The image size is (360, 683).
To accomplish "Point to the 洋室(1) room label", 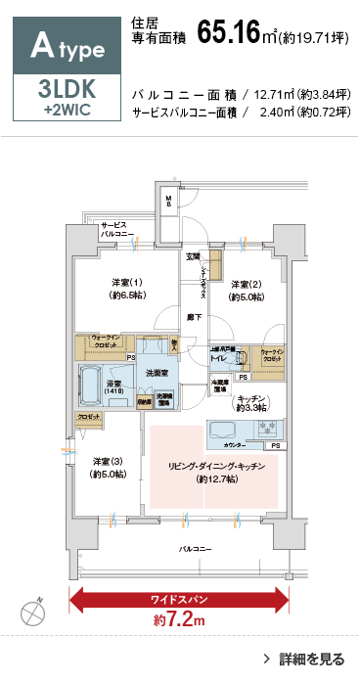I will pyautogui.click(x=127, y=285).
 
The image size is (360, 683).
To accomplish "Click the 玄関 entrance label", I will pyautogui.click(x=196, y=256).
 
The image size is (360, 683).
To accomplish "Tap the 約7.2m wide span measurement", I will pyautogui.click(x=179, y=620).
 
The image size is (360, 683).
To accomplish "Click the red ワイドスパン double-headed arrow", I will pyautogui.click(x=179, y=597).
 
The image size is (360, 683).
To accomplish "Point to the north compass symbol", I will pyautogui.click(x=31, y=612).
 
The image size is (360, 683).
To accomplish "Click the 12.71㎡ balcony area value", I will pyautogui.click(x=275, y=95).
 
